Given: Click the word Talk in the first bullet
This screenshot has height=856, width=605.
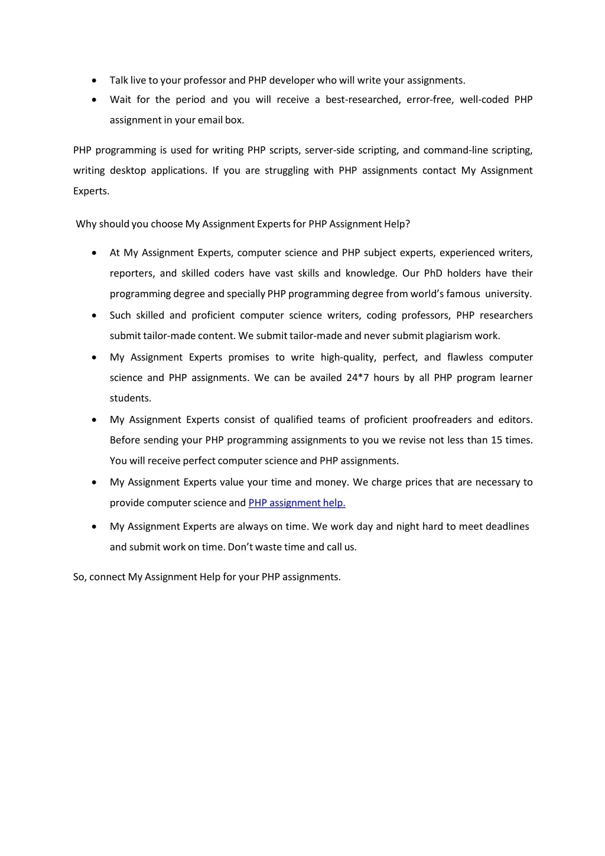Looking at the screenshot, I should [119, 80].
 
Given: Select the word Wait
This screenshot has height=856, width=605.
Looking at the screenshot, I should [121, 100].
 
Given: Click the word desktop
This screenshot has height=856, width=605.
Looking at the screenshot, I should [128, 171].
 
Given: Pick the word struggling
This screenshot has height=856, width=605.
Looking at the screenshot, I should [287, 171].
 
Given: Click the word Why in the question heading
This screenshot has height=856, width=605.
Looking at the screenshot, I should [86, 224].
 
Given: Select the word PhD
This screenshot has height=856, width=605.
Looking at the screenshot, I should [433, 274].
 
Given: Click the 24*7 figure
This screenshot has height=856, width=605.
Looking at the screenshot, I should [357, 378].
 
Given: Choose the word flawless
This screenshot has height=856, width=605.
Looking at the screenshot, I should [465, 357].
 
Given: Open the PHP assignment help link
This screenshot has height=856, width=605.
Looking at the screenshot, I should [297, 503].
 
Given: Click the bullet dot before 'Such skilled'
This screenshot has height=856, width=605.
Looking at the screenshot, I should [95, 316].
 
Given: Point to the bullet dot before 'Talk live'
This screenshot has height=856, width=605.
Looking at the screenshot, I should [95, 81].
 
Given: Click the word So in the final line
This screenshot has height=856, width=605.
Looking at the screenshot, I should [79, 577].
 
